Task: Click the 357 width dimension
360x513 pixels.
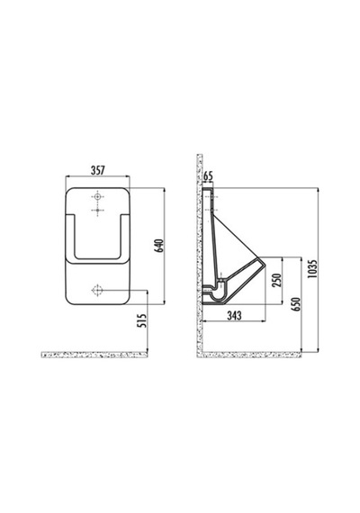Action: (97, 170)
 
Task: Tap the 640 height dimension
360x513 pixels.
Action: (158, 246)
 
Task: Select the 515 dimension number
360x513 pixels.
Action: (141, 320)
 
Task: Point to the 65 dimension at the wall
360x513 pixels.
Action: (208, 176)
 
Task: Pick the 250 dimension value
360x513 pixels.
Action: (277, 280)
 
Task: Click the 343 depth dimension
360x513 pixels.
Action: (234, 315)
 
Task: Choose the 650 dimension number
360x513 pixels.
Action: (296, 304)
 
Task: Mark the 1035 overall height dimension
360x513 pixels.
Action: (313, 269)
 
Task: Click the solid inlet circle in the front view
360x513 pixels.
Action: (97, 197)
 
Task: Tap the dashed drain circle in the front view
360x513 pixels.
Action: (97, 290)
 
